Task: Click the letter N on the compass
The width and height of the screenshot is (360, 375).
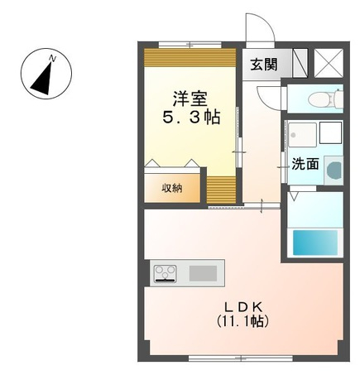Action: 52,58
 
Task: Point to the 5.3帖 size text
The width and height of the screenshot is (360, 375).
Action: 190,118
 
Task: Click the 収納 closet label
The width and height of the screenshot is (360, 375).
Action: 172,187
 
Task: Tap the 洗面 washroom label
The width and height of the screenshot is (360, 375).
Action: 305,164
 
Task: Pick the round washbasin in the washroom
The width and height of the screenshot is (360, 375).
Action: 334,171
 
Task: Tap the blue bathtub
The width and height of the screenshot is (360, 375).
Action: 316,242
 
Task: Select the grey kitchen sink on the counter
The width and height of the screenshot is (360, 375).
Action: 202,272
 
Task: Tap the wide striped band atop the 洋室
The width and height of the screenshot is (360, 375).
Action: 190,59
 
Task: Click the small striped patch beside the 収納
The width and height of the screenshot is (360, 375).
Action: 220,188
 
